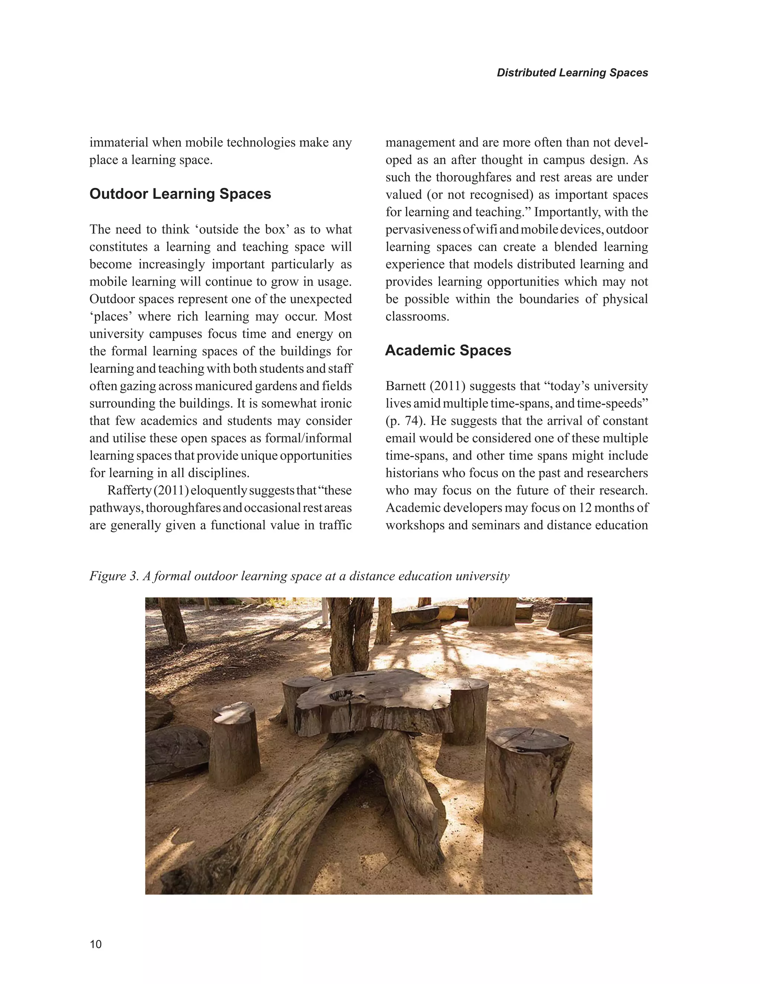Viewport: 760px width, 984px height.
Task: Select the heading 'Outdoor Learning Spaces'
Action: (180, 194)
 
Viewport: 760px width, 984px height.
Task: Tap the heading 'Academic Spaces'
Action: (448, 351)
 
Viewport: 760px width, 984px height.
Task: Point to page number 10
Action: (95, 944)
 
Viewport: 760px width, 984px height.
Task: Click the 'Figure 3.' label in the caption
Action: (114, 576)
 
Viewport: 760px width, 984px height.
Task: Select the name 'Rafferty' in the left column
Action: (129, 490)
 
